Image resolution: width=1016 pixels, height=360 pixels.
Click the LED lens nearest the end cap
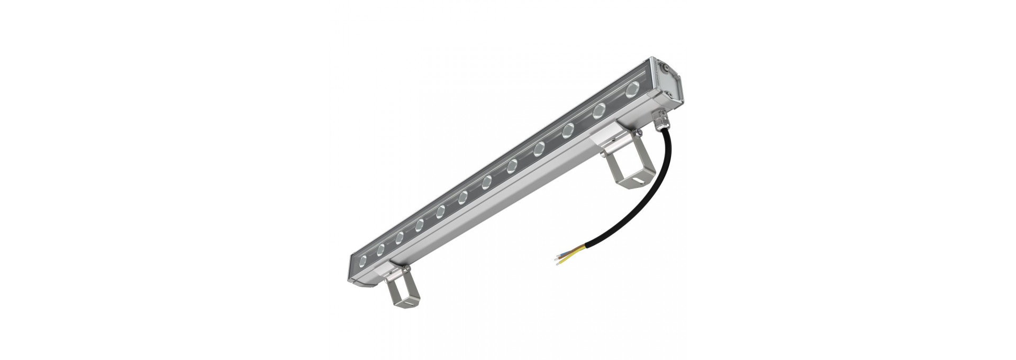coord(632,91)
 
